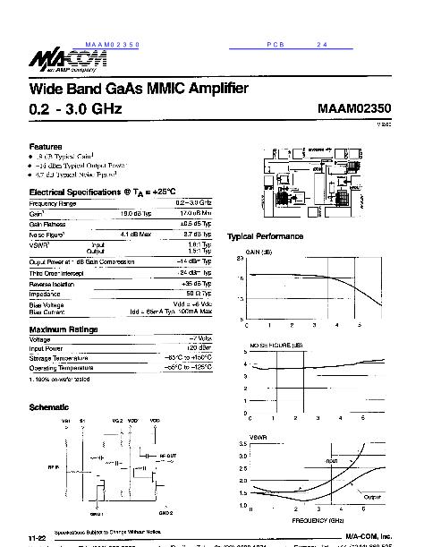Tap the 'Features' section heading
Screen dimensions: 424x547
tap(46, 146)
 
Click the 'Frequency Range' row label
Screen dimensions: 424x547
tap(53, 204)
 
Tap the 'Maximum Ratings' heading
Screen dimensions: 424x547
tap(69, 329)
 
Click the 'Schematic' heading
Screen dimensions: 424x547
tap(49, 407)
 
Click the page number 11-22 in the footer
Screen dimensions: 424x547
tap(36, 537)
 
